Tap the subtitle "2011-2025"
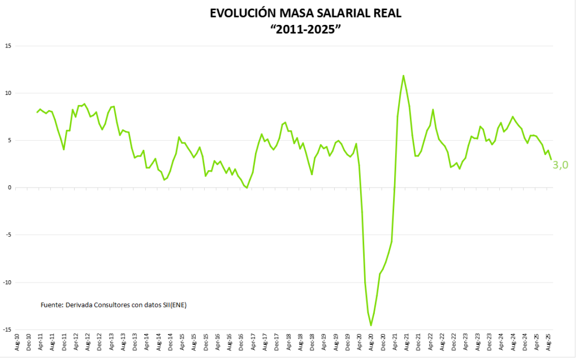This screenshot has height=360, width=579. tap(306, 29)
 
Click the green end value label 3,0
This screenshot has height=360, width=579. tap(560, 165)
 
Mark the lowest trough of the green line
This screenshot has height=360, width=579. tap(371, 326)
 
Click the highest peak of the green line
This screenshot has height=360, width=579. tap(403, 75)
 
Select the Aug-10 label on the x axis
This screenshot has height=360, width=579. tap(17, 343)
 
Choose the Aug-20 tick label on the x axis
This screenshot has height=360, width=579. tap(371, 343)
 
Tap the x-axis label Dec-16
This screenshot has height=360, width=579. tap(241, 343)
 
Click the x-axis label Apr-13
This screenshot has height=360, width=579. tap(111, 343)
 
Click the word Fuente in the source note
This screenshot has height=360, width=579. tap(52, 305)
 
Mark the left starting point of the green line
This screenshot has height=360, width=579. tap(37, 112)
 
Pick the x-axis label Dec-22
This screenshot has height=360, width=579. tap(453, 343)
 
